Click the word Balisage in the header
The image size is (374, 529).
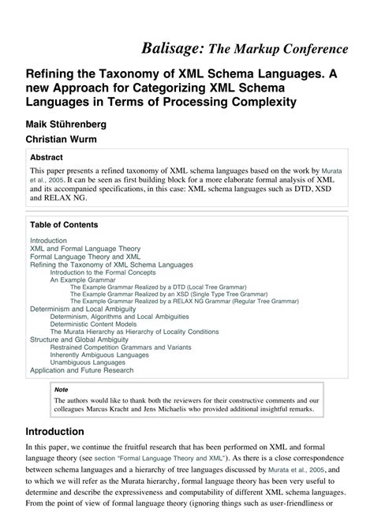click(173, 49)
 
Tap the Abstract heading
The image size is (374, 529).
click(47, 156)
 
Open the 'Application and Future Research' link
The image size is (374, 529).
click(82, 370)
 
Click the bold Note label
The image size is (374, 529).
click(61, 389)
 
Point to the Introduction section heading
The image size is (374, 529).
click(65, 432)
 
